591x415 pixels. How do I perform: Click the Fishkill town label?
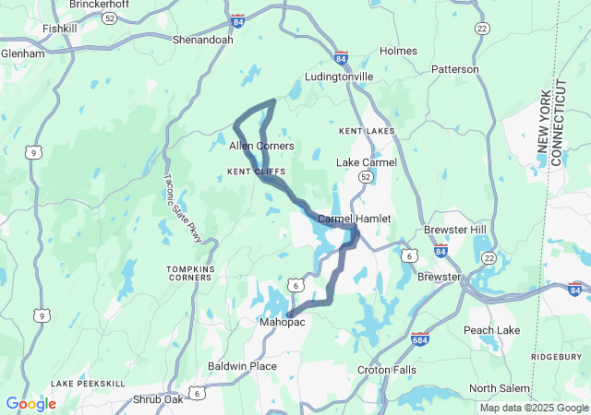61,29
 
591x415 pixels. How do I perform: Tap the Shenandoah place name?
203,41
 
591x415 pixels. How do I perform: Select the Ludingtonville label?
339,77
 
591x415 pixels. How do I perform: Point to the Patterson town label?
455,69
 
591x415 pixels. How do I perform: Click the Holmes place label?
398,51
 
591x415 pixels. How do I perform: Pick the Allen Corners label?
261,146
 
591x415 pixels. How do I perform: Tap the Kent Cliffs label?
257,172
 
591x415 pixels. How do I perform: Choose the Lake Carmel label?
367,162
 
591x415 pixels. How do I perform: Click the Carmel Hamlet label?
355,219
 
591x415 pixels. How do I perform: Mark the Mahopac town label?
281,322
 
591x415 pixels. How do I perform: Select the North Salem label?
500,388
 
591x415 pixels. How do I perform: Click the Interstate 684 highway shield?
419,339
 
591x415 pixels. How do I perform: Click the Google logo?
30,404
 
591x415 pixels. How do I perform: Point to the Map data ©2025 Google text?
533,409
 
